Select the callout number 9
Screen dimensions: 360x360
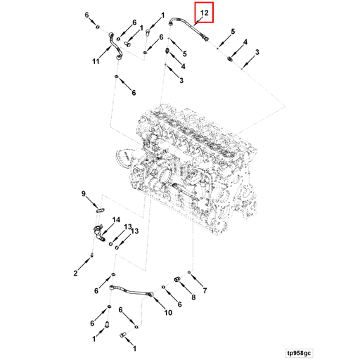point(84,193)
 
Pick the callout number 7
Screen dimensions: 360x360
point(205,290)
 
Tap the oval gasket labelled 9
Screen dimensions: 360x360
point(100,208)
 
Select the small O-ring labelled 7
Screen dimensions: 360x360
point(190,271)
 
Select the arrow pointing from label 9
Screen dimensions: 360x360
point(91,200)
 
